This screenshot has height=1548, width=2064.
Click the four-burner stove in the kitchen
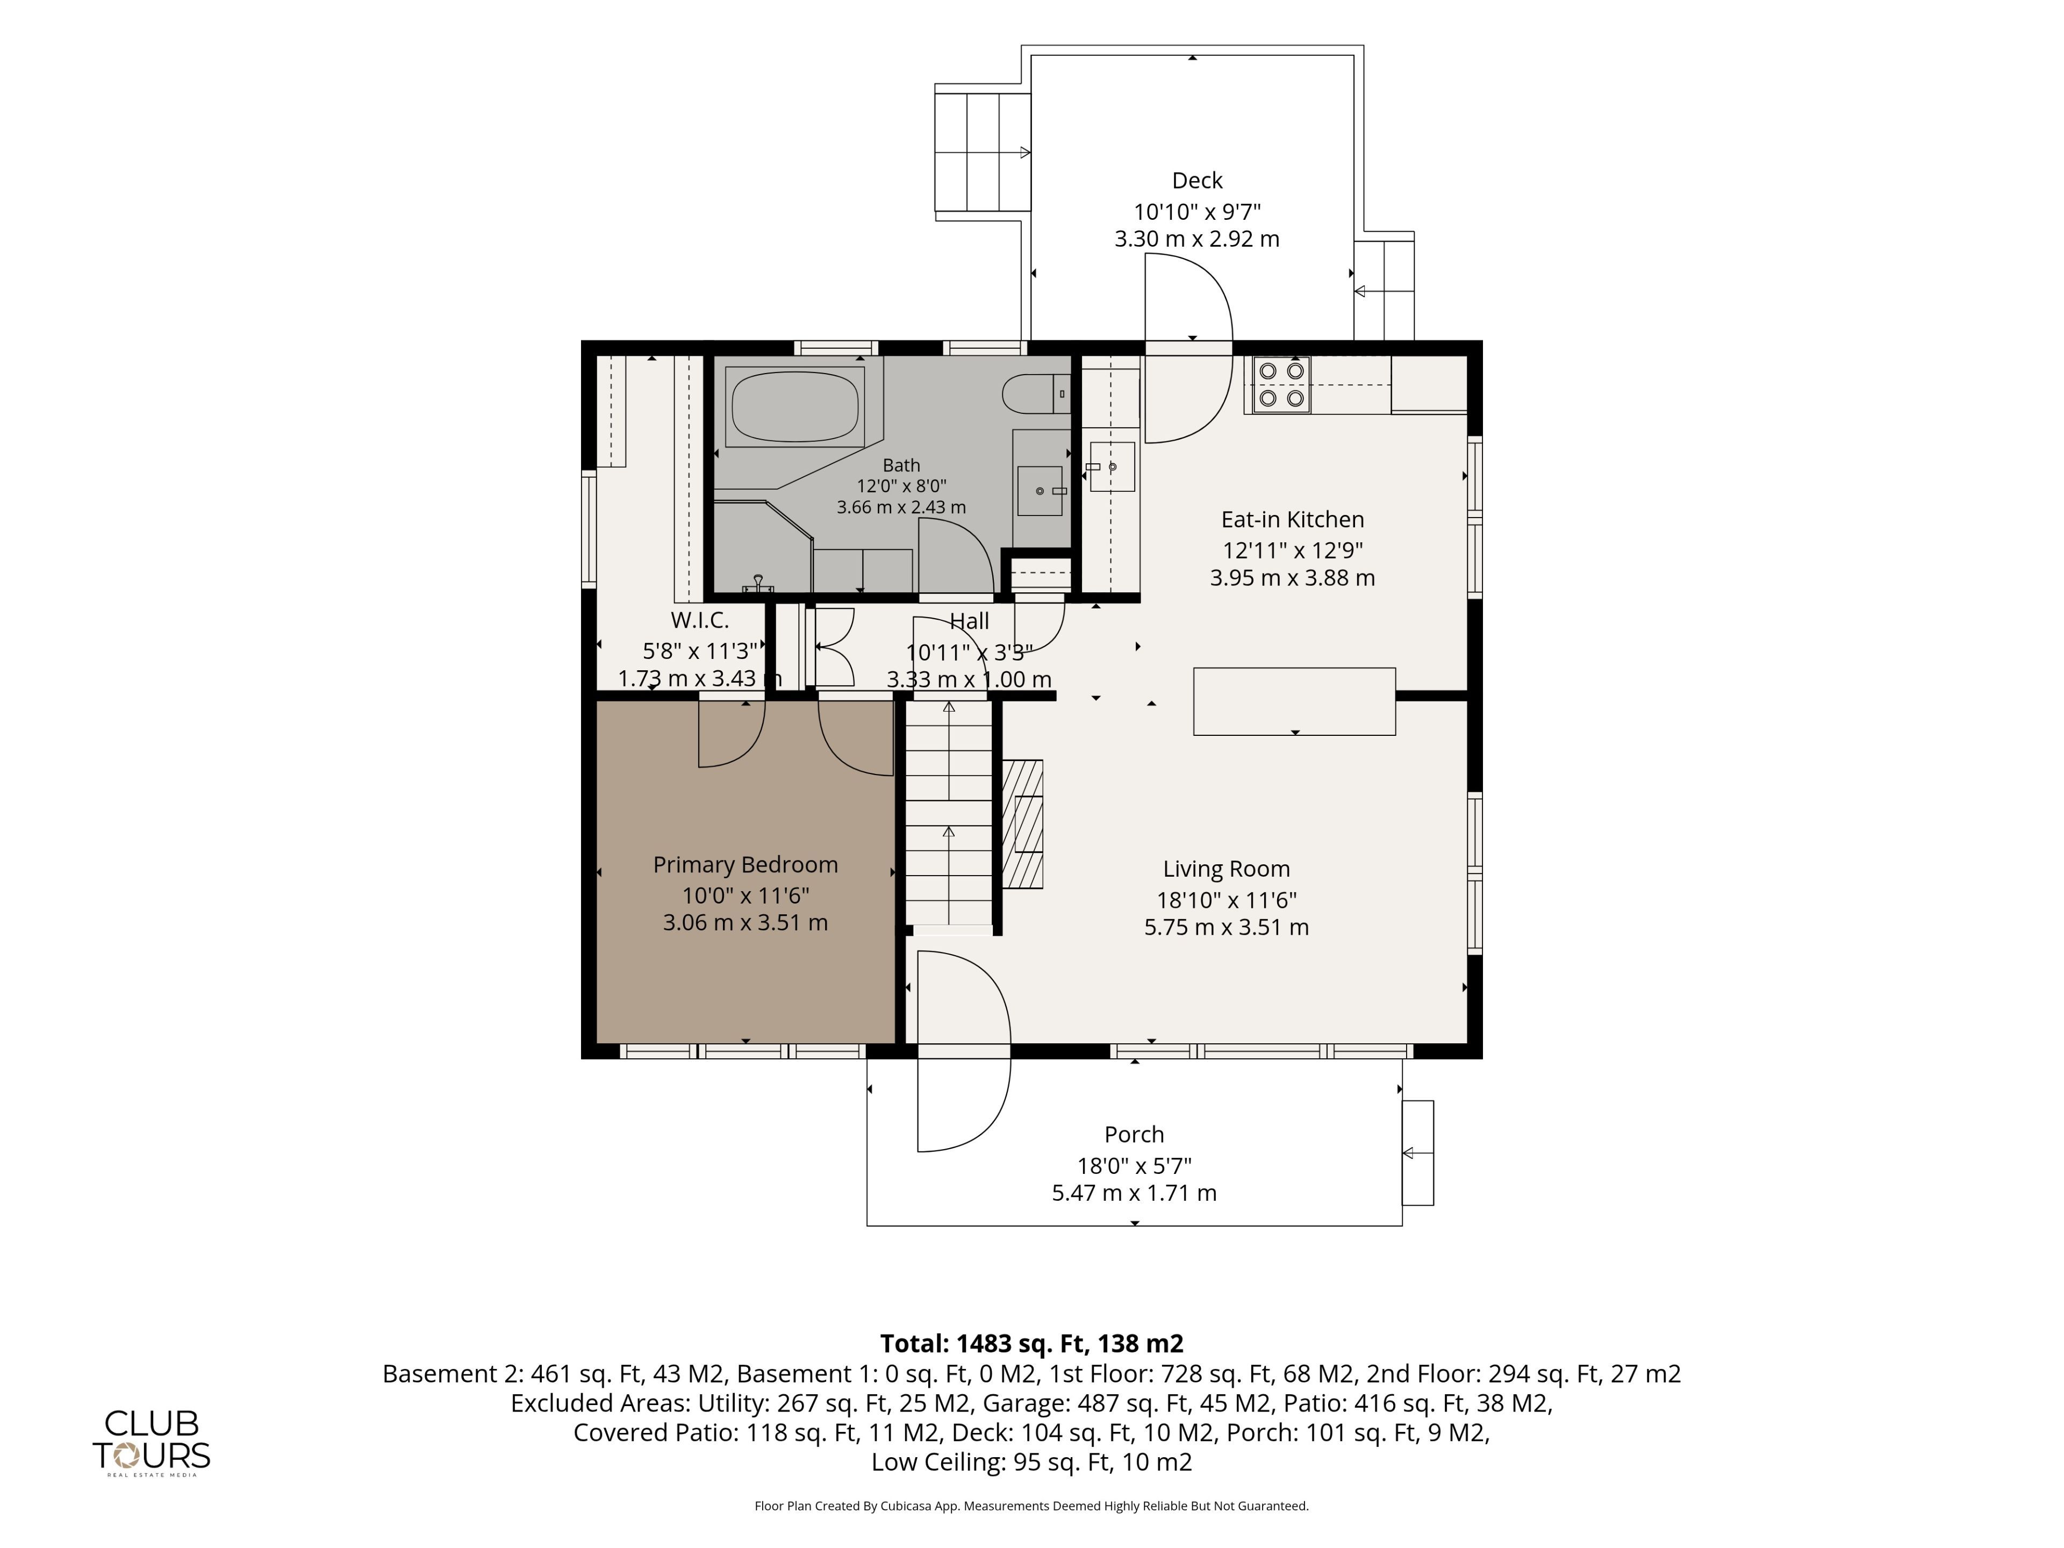point(1281,384)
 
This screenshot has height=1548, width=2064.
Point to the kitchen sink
point(1112,467)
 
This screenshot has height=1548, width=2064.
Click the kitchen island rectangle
point(1294,701)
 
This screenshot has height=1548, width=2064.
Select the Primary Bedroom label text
point(746,865)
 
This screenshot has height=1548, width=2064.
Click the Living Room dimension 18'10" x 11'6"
point(1226,899)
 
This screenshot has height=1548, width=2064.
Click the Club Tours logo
point(151,1442)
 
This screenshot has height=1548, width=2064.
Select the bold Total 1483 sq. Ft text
point(1032,1344)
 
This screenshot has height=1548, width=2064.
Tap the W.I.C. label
point(700,620)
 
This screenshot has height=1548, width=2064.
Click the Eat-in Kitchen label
point(1292,520)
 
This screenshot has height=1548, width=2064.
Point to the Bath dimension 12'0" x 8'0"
point(901,486)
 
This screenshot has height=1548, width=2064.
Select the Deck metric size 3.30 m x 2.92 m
point(1196,239)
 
